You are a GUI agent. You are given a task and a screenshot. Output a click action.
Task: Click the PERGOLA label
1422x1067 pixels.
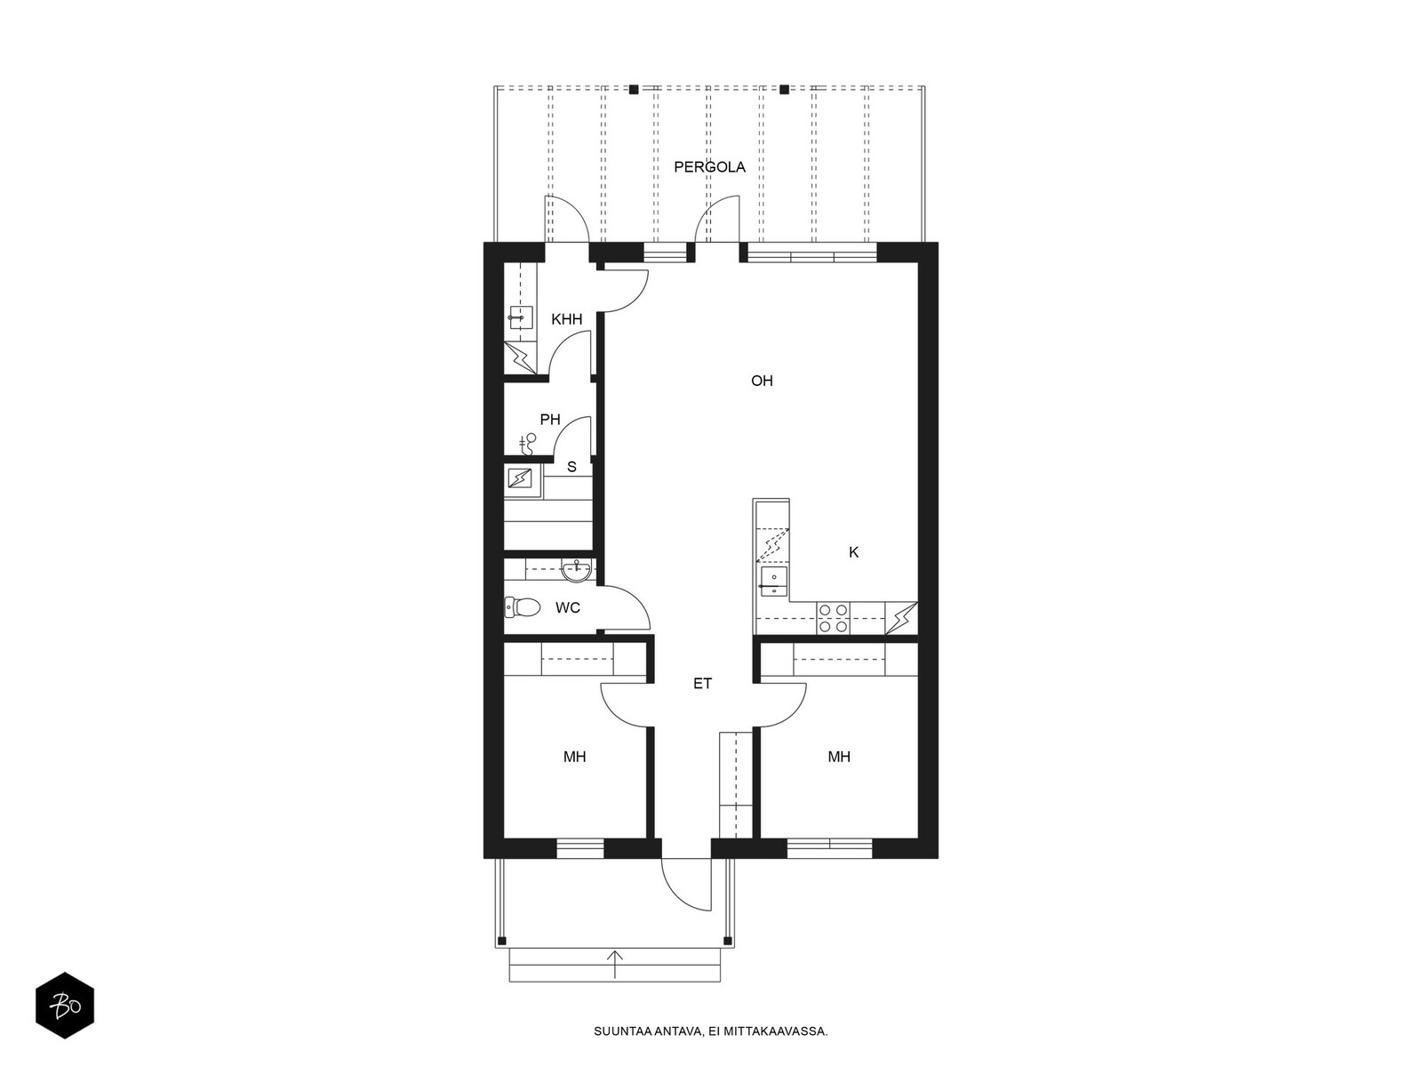(709, 167)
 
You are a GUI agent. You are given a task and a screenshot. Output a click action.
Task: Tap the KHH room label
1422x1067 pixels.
(567, 319)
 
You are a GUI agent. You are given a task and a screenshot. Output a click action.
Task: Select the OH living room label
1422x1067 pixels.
(762, 381)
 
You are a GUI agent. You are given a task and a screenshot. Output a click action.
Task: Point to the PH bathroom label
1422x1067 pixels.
(550, 420)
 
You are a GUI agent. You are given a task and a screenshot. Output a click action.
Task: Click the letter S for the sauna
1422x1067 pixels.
(571, 467)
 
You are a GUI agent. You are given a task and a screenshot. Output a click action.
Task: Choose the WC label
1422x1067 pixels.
(568, 607)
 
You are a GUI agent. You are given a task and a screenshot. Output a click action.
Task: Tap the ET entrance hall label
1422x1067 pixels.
(702, 684)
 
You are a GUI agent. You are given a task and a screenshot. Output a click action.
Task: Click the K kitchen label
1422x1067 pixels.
(854, 552)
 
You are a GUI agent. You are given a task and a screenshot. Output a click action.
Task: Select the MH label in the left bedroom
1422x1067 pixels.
(575, 757)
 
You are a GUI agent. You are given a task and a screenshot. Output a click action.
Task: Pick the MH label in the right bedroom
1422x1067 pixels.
(839, 757)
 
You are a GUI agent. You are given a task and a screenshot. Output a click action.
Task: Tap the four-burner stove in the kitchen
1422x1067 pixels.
(833, 618)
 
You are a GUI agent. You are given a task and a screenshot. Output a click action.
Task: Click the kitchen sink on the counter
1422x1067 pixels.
(773, 582)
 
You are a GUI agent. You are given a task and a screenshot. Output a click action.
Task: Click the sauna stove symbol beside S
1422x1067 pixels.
(520, 479)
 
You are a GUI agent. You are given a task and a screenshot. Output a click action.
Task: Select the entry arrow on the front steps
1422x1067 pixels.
(614, 963)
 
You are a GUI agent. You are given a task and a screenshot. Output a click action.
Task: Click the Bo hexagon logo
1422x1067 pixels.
(65, 1006)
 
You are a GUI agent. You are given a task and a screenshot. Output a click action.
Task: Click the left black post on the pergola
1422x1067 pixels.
(634, 90)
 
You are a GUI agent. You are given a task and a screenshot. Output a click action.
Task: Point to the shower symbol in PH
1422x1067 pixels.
(530, 444)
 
